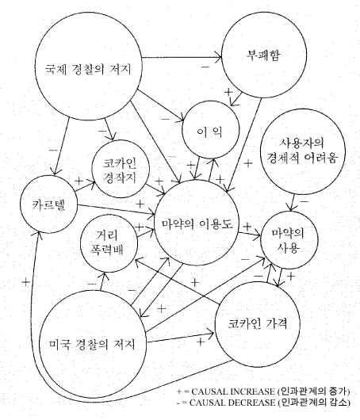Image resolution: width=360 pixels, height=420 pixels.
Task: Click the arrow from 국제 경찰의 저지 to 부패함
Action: pos(182,57)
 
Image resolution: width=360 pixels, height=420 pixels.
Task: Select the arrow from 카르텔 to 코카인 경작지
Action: pos(86,186)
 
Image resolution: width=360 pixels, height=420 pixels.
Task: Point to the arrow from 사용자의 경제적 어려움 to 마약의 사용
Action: pos(292,203)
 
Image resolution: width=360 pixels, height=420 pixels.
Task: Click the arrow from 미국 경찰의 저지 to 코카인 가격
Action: pos(181,338)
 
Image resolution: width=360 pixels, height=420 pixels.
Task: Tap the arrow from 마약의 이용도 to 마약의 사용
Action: pos(250,235)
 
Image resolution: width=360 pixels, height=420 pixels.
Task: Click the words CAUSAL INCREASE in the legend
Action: pos(233,391)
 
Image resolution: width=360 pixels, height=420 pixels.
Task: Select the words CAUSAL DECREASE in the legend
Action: pos(232,403)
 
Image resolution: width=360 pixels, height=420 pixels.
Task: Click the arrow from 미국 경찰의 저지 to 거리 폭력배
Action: pos(102,281)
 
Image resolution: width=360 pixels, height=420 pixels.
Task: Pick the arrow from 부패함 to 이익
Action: pos(236,99)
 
